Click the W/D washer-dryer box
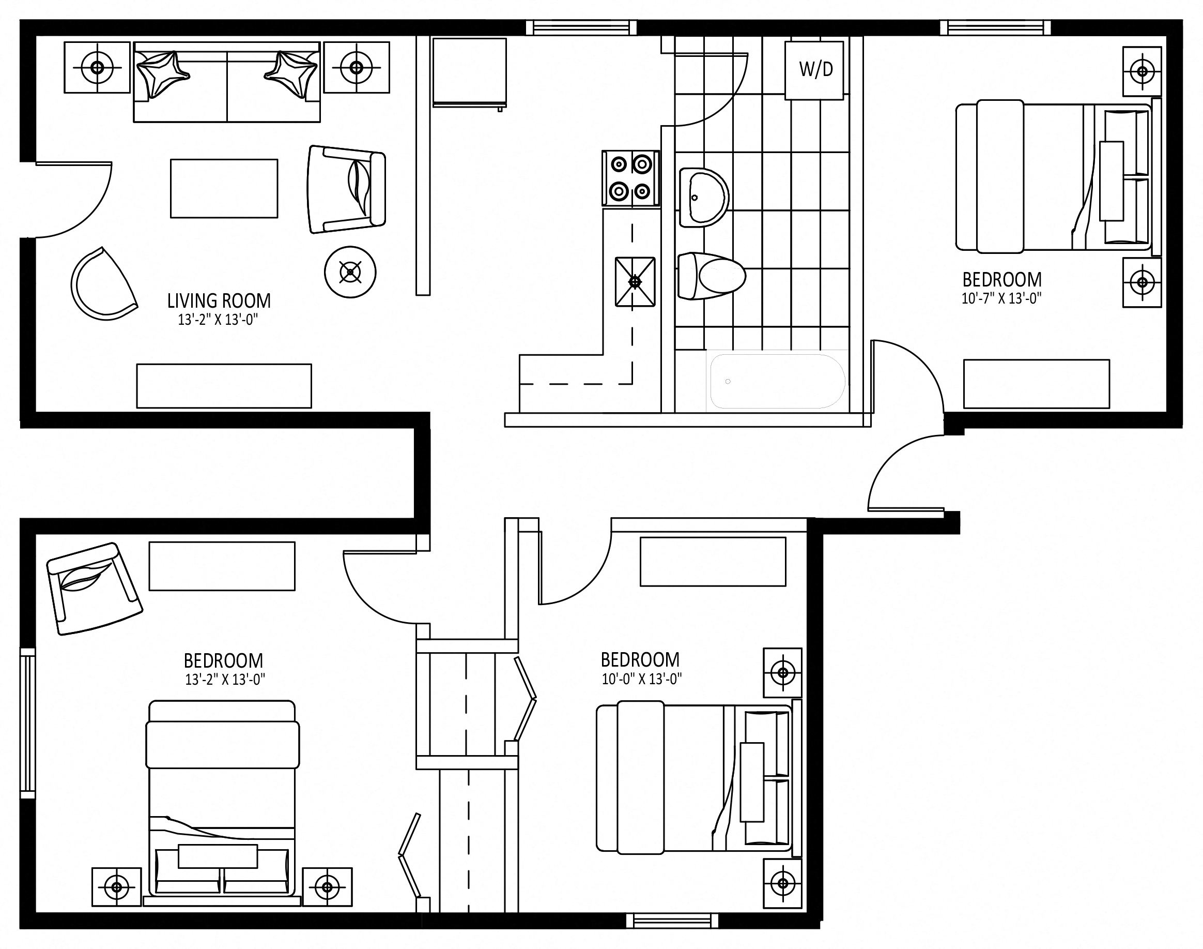814,70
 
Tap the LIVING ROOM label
219,301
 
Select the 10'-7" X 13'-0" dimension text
1001,298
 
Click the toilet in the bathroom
711,276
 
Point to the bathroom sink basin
703,198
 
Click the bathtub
777,381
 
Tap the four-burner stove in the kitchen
630,178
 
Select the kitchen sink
635,282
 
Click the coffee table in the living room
224,189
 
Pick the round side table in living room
350,272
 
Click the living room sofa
227,82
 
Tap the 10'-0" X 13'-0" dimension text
642,679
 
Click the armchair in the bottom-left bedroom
94,589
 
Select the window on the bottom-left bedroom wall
28,723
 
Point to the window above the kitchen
581,28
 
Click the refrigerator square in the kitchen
470,72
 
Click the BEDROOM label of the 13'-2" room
223,660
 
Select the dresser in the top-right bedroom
1037,384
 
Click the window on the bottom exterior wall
672,921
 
